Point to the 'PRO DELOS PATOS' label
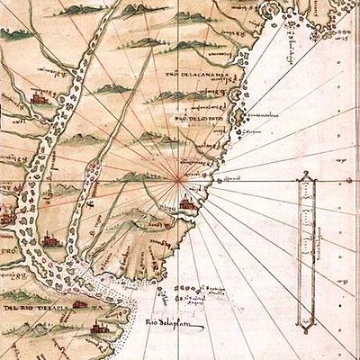pyautogui.click(x=199, y=120)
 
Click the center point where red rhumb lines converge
pyautogui.click(x=182, y=177)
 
